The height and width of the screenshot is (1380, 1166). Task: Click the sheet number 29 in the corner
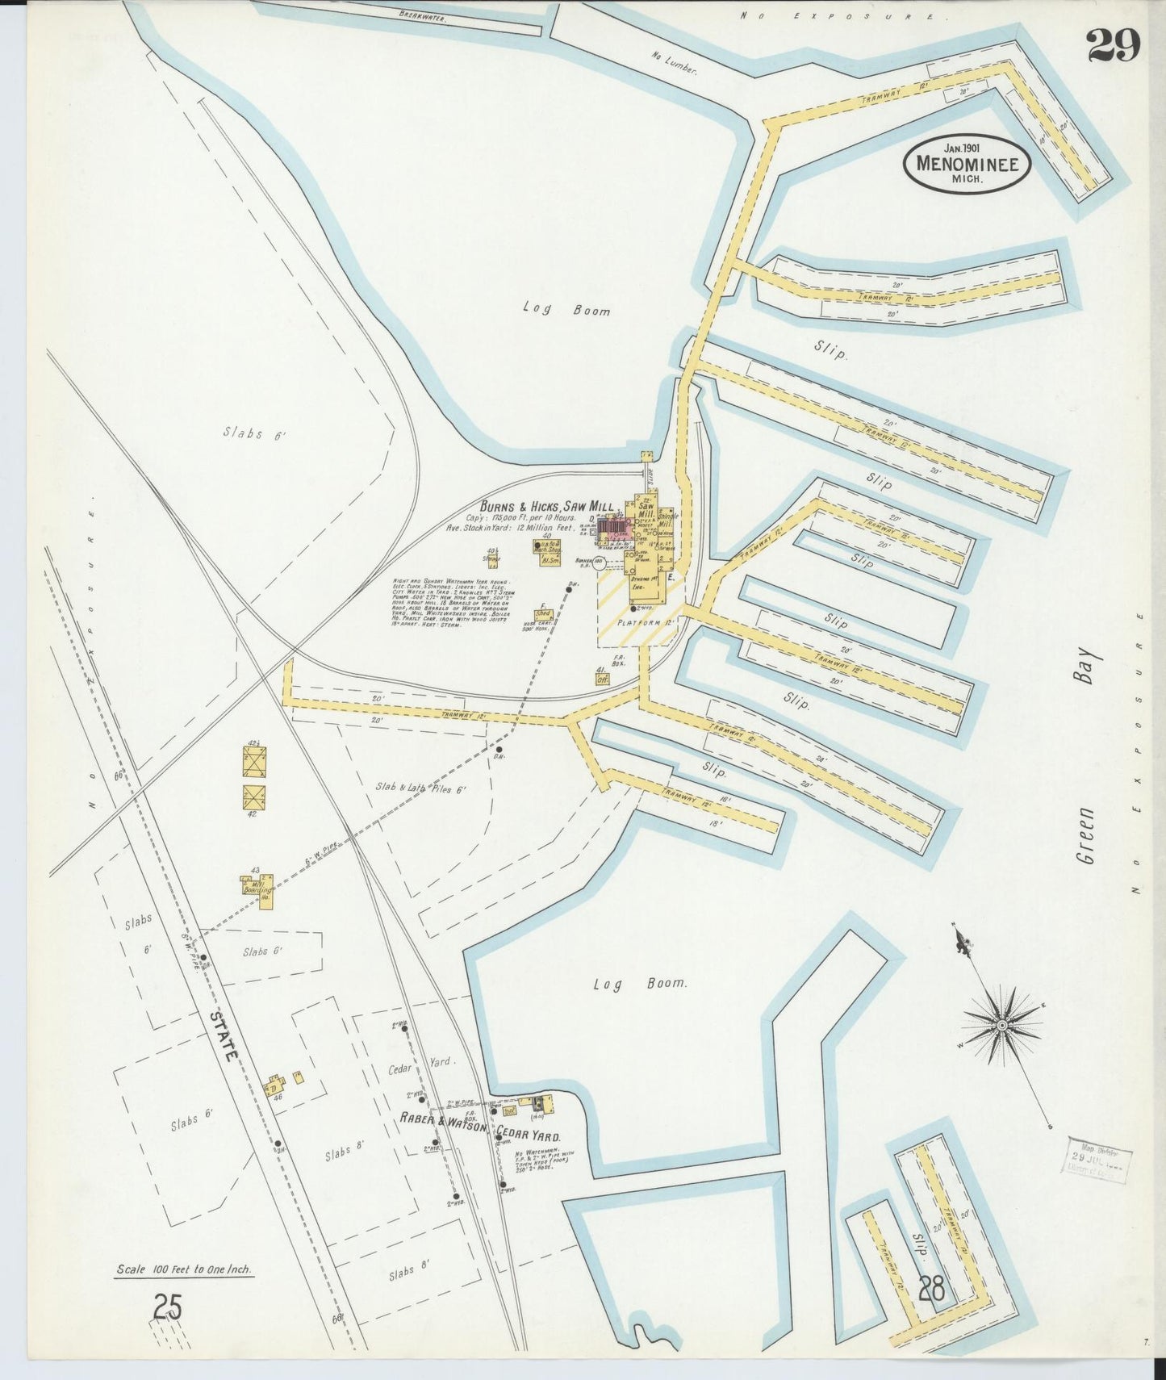tap(1114, 45)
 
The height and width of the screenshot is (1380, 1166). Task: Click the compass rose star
tap(1001, 1025)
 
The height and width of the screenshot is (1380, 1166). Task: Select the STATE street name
tap(224, 1035)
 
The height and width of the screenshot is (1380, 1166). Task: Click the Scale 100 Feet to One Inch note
tap(184, 1269)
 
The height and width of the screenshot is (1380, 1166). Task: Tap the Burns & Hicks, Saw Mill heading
tap(549, 506)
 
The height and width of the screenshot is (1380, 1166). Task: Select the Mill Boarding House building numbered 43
tap(257, 885)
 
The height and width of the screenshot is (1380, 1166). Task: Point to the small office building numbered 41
tap(601, 679)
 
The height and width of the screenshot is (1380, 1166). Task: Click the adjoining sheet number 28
tap(931, 1288)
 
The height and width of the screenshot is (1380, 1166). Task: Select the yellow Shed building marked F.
tap(544, 614)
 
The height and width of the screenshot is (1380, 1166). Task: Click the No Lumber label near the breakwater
tap(675, 61)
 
